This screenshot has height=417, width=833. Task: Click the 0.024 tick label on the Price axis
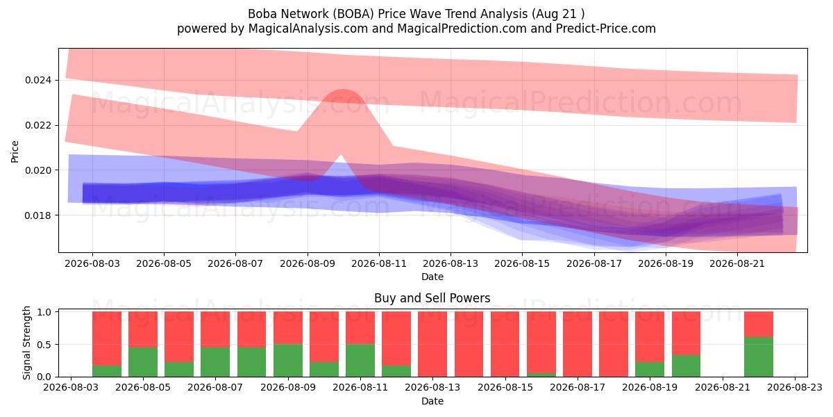(x=38, y=81)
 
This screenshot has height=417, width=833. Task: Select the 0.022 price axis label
(x=38, y=126)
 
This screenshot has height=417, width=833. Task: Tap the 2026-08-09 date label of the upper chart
(x=308, y=263)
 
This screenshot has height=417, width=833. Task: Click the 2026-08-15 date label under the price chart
(x=522, y=263)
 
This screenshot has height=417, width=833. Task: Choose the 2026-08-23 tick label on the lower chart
(x=795, y=388)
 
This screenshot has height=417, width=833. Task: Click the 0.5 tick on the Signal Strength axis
(x=45, y=345)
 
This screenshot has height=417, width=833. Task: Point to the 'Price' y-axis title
(x=15, y=152)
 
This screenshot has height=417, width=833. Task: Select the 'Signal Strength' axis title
(x=26, y=343)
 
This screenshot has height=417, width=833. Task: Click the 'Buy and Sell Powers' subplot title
(x=432, y=298)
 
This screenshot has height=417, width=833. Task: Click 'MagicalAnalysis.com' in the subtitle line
(x=308, y=28)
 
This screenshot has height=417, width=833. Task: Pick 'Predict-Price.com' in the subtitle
(x=606, y=28)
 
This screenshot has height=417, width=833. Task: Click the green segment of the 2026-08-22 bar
(x=759, y=357)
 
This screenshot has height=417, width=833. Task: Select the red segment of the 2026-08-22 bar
(x=759, y=325)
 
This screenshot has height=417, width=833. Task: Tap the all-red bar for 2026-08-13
(x=432, y=344)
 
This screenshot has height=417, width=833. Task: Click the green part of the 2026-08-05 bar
(x=143, y=362)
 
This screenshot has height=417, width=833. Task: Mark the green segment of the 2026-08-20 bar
(x=686, y=366)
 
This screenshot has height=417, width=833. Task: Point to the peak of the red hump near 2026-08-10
(x=343, y=90)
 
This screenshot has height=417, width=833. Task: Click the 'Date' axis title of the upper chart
(x=432, y=277)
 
